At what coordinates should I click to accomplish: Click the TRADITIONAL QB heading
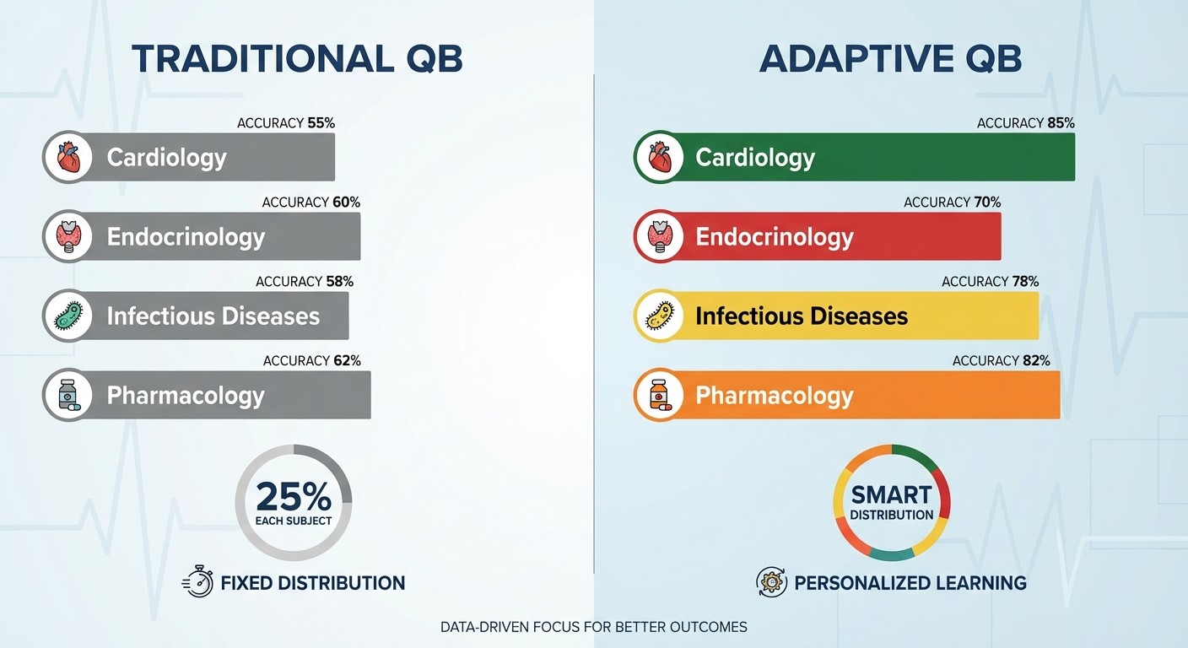tap(297, 59)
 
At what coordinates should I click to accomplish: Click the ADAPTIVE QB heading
tap(890, 59)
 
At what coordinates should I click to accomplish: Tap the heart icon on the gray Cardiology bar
tap(67, 157)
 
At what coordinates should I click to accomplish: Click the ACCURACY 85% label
tap(1025, 123)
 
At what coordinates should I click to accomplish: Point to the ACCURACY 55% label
tap(286, 123)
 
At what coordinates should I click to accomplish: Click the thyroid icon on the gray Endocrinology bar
tap(67, 236)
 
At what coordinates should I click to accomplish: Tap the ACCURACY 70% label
tap(952, 202)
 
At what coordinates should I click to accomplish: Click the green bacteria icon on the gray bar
tap(67, 316)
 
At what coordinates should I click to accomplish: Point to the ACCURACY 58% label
tap(304, 282)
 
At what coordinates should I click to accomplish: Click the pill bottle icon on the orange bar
tap(658, 395)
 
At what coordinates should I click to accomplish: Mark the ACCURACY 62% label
tap(311, 361)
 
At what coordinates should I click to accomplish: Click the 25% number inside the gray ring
tap(293, 496)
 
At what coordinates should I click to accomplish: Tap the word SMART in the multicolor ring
tap(891, 494)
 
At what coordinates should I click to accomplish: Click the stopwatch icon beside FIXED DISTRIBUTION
tap(197, 582)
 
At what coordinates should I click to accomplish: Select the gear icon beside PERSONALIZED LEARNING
tap(771, 582)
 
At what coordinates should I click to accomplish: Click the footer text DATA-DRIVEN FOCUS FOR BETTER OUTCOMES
tap(593, 628)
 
